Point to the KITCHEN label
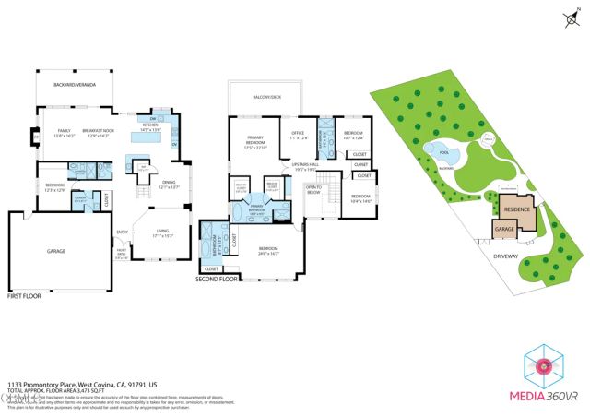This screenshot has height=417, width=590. [150, 128]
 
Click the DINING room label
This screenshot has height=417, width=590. [169, 185]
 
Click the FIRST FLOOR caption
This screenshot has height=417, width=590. [25, 298]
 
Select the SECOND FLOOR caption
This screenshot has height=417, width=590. [217, 277]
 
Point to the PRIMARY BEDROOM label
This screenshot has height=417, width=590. [254, 142]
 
